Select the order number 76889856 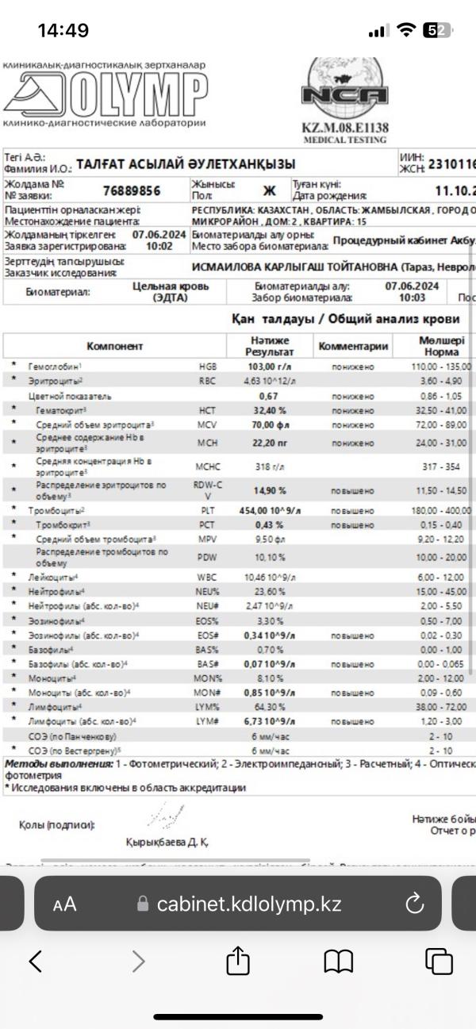(x=132, y=191)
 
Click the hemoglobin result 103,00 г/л (x=270, y=367)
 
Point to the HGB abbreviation (x=208, y=367)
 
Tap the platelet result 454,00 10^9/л (x=270, y=511)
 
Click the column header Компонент (x=115, y=346)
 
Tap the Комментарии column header (x=353, y=346)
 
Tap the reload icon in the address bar (x=415, y=904)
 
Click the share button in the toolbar (x=238, y=962)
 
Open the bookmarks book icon (x=339, y=962)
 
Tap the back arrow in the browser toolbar (x=36, y=962)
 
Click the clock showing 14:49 (x=63, y=31)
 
